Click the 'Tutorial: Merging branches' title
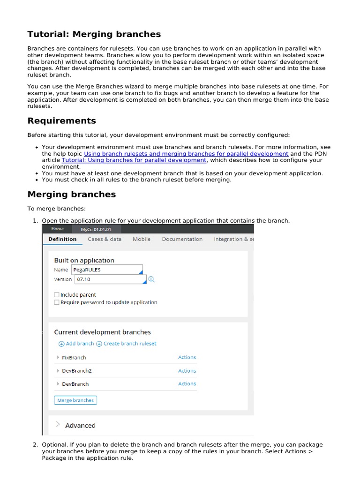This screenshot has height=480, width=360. pyautogui.click(x=94, y=34)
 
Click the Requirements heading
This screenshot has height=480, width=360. pyautogui.click(x=61, y=121)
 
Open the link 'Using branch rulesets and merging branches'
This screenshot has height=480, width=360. pyautogui.click(x=186, y=154)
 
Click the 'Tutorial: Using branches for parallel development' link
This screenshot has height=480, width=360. pyautogui.click(x=134, y=160)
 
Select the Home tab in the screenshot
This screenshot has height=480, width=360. pyautogui.click(x=58, y=229)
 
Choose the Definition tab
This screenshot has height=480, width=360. pyautogui.click(x=62, y=239)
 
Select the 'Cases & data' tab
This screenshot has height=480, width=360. pyautogui.click(x=105, y=239)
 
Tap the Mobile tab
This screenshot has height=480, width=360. pyautogui.click(x=142, y=239)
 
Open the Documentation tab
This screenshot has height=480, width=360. pyautogui.click(x=182, y=239)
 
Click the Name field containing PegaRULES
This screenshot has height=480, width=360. pyautogui.click(x=106, y=270)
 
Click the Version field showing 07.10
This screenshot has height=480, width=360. pyautogui.click(x=110, y=279)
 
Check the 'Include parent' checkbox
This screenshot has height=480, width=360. pyautogui.click(x=57, y=295)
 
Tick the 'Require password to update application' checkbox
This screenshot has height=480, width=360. pyautogui.click(x=57, y=302)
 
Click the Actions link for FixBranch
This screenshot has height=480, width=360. pyautogui.click(x=187, y=358)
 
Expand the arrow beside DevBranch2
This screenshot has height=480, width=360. pyautogui.click(x=58, y=371)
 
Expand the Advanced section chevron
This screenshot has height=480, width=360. pyautogui.click(x=58, y=425)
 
